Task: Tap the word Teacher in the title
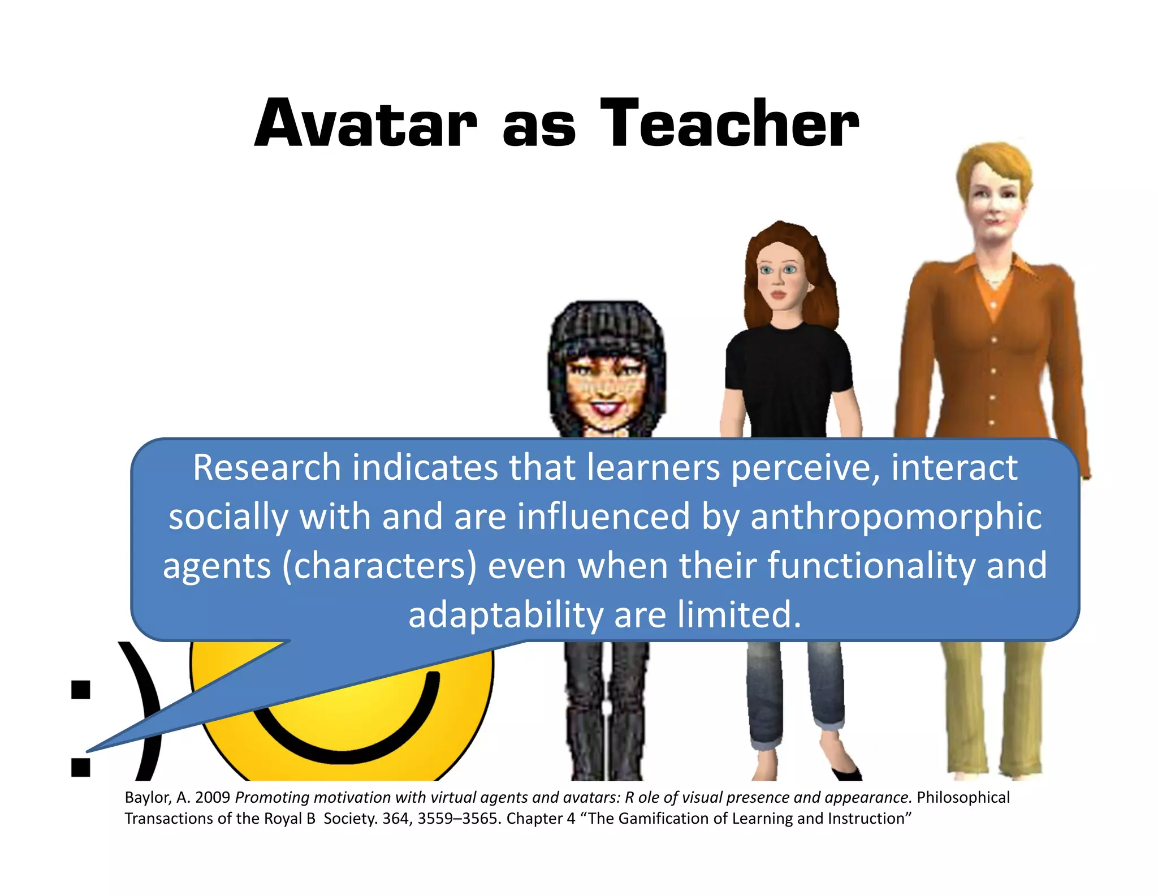pyautogui.click(x=729, y=124)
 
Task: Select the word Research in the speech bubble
pyautogui.click(x=266, y=468)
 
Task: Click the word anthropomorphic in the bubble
pyautogui.click(x=896, y=517)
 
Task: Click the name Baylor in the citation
pyautogui.click(x=147, y=798)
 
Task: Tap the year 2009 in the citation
pyautogui.click(x=212, y=798)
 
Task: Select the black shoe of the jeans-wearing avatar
pyautogui.click(x=848, y=773)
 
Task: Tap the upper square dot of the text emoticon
pyautogui.click(x=81, y=690)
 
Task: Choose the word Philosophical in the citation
pyautogui.click(x=963, y=798)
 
